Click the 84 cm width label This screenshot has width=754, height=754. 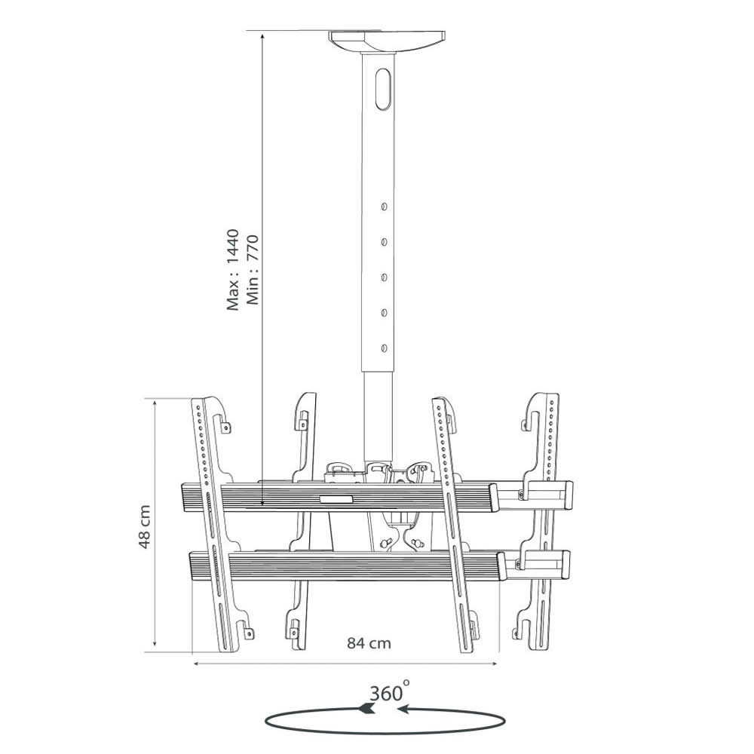(369, 643)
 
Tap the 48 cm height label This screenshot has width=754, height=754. (145, 526)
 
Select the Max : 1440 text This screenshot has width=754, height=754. (233, 270)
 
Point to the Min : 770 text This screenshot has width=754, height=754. (253, 270)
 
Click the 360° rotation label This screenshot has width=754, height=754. (390, 692)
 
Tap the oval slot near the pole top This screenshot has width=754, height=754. (383, 90)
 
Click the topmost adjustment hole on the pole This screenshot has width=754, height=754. (384, 207)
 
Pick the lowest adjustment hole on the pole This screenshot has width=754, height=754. (384, 348)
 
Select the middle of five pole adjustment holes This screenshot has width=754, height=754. (384, 277)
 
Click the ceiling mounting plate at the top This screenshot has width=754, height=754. (387, 41)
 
